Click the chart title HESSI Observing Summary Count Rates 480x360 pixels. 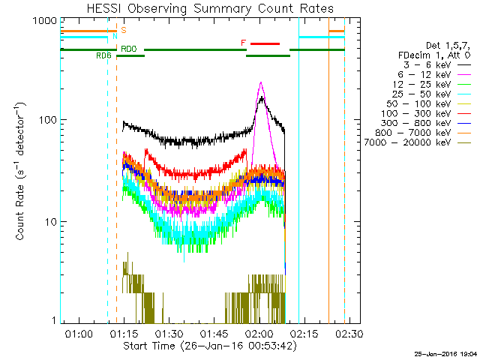209,9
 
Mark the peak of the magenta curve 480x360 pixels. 260,82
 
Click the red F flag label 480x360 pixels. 243,43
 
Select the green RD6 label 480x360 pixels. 103,55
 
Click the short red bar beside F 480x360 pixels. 265,43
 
